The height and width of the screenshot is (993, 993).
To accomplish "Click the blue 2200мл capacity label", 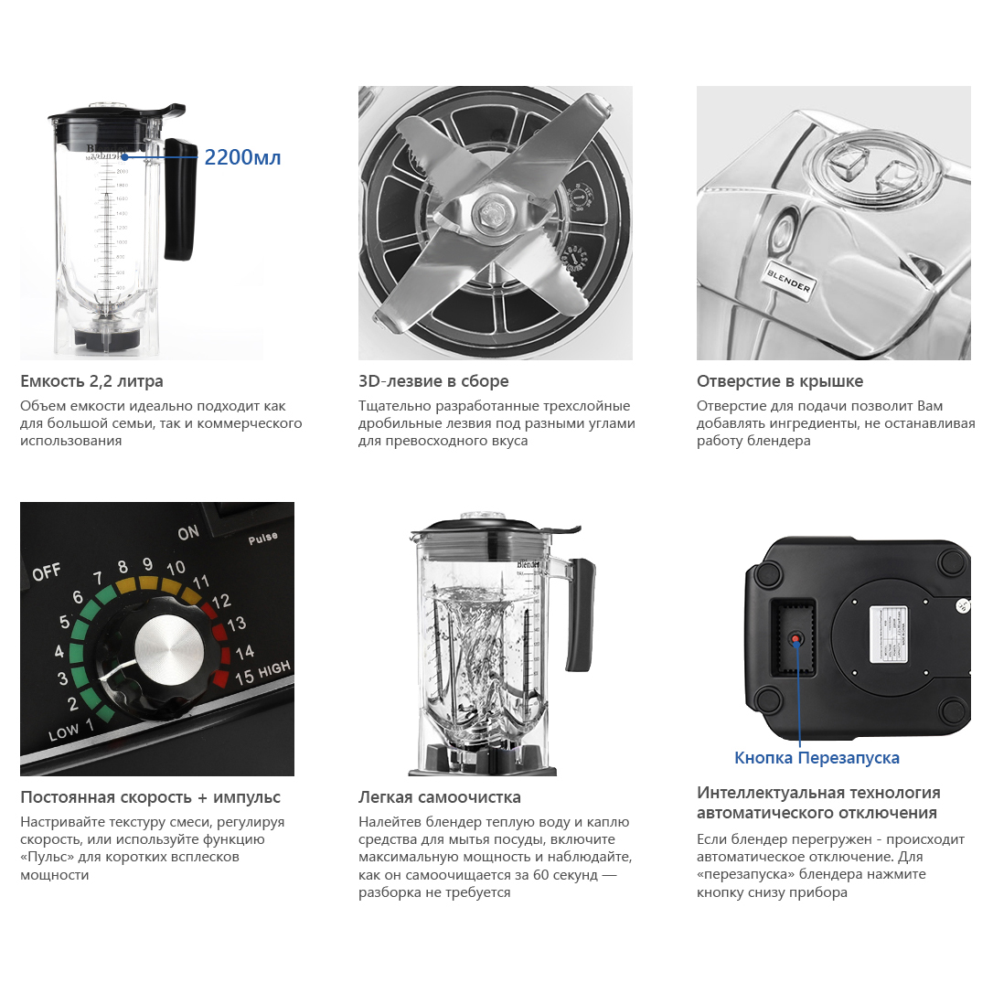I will [x=242, y=157].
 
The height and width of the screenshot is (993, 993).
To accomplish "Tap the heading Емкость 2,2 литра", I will [x=91, y=381].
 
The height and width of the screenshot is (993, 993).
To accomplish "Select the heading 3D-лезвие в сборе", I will [x=433, y=381].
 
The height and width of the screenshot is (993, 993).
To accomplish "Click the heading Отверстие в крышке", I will [x=780, y=381].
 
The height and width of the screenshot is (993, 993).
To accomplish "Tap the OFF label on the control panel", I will [x=47, y=572].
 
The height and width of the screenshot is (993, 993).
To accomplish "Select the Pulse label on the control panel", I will [x=262, y=539].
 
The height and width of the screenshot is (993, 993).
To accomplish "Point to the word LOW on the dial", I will [x=62, y=732].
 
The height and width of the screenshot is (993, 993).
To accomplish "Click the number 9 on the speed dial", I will [x=147, y=563].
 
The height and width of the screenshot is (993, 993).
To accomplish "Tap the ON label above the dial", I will [x=188, y=532].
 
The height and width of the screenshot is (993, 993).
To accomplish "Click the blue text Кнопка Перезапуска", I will [x=817, y=758].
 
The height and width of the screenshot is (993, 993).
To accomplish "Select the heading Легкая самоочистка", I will [x=440, y=797].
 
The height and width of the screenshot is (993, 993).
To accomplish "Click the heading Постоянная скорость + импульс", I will [x=150, y=797].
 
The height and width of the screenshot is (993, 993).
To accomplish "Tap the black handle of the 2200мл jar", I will [x=180, y=198].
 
